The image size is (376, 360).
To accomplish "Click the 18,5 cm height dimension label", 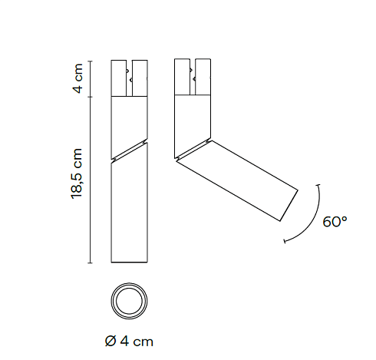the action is (x=77, y=173).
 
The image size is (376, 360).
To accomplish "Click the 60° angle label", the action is (x=335, y=222).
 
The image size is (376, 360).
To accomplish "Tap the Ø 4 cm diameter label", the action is (x=129, y=342).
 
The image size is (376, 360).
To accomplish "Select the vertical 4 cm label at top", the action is (x=78, y=78).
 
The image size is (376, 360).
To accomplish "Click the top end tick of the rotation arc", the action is (x=318, y=185).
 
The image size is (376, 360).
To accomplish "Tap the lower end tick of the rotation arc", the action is (x=285, y=241).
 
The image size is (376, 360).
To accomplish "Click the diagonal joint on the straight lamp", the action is (x=129, y=151).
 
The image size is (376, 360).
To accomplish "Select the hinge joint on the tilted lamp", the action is (x=193, y=149).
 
